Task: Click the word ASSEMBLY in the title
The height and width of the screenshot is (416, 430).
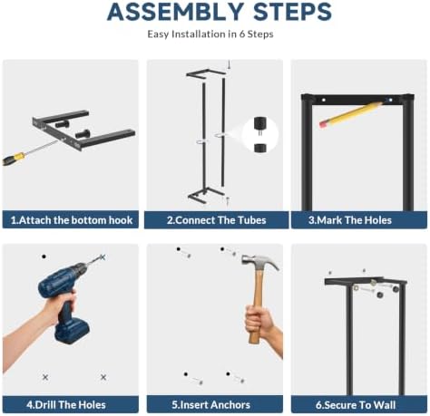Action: coord(175,12)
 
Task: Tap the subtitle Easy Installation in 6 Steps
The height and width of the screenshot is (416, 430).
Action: coord(210,34)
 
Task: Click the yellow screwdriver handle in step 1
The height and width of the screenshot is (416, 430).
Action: coord(14,159)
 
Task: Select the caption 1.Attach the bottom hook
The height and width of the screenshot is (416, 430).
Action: coord(72,220)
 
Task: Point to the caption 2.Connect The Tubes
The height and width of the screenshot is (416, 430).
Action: coord(217,220)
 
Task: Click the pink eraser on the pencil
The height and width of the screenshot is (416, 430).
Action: coord(324,123)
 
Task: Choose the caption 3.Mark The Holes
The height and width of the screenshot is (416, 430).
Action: coord(350,220)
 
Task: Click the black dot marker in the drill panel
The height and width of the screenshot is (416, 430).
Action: coord(44,256)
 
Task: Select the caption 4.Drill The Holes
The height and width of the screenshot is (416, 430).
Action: coord(66,404)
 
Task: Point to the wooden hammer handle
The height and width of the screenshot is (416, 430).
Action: coord(257,305)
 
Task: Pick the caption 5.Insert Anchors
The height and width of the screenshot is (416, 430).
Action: coord(211,404)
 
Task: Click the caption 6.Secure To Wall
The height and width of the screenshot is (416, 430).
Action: coord(356,405)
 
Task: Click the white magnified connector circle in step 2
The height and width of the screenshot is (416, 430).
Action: coord(260,134)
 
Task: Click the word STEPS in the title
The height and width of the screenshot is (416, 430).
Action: coord(292,12)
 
